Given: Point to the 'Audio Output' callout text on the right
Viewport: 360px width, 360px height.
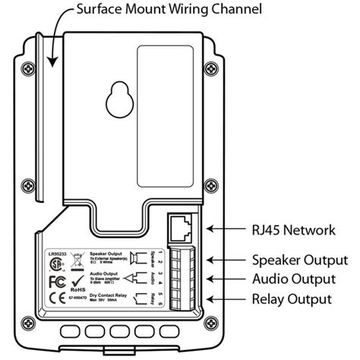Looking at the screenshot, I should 292,279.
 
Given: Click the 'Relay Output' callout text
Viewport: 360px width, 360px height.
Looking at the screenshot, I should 292,298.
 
